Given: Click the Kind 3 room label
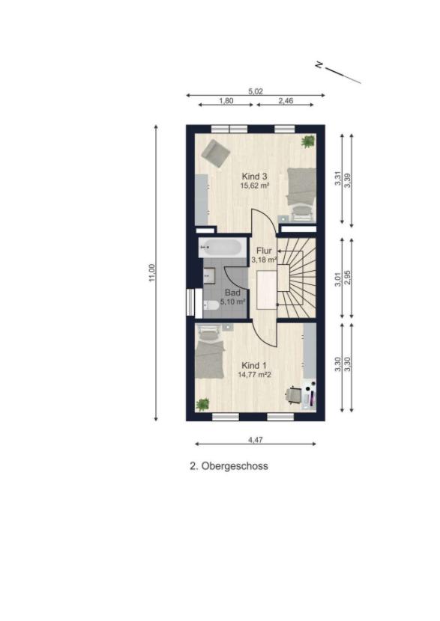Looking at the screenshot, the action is tap(254, 177).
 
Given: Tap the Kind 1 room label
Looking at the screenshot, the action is tap(254, 366).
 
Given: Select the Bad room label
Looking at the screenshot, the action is tap(232, 293).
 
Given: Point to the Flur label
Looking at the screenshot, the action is tap(264, 251).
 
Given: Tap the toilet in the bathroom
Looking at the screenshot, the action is tap(211, 305).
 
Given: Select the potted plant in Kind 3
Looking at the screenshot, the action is tap(308, 141).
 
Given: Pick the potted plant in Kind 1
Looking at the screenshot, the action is tap(202, 404).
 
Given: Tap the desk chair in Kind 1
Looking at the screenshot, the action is tap(294, 395).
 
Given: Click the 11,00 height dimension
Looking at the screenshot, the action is tap(151, 273).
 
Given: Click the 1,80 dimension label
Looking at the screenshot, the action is tap(226, 100).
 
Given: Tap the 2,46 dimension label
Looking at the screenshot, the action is tap(286, 100).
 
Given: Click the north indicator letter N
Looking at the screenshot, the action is tap(319, 64).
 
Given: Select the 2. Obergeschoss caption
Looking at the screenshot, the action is tap(229, 466).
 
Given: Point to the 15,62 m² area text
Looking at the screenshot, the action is tap(254, 185).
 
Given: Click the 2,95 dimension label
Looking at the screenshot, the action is tap(348, 278).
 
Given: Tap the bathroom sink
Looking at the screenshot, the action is tap(209, 276).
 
